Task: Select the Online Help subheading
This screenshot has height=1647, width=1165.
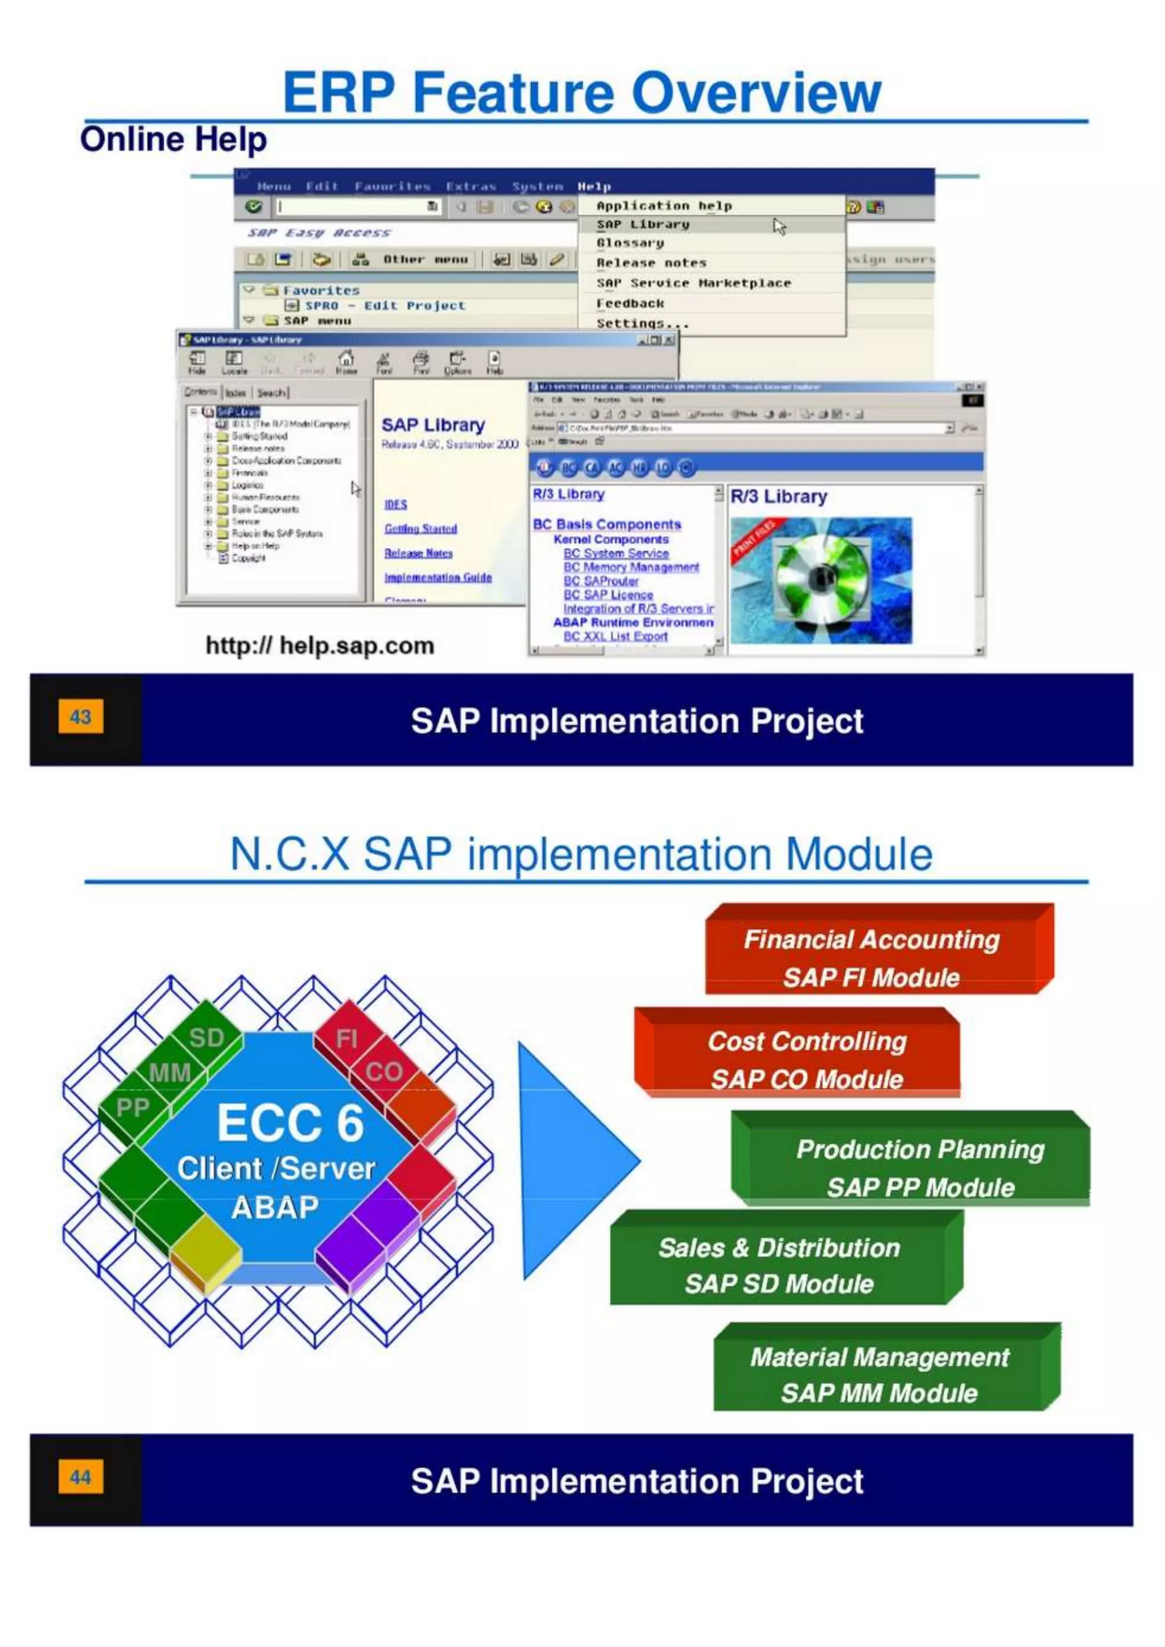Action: click(x=173, y=139)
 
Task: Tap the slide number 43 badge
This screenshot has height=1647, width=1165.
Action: click(x=80, y=717)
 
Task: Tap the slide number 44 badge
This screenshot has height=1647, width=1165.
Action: click(x=80, y=1476)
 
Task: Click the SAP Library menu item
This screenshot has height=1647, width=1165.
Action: click(x=643, y=225)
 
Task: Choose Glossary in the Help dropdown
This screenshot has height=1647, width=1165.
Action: click(x=630, y=243)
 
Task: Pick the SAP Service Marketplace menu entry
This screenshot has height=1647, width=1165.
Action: click(x=693, y=283)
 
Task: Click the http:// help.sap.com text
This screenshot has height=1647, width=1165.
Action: click(x=320, y=645)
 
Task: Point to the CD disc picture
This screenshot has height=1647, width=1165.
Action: click(x=821, y=580)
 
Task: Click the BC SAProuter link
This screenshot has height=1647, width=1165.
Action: click(x=601, y=581)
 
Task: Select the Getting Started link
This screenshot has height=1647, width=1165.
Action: click(x=420, y=529)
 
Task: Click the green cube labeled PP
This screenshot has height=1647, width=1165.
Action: click(x=133, y=1108)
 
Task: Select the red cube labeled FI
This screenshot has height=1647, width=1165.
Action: click(x=346, y=1038)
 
